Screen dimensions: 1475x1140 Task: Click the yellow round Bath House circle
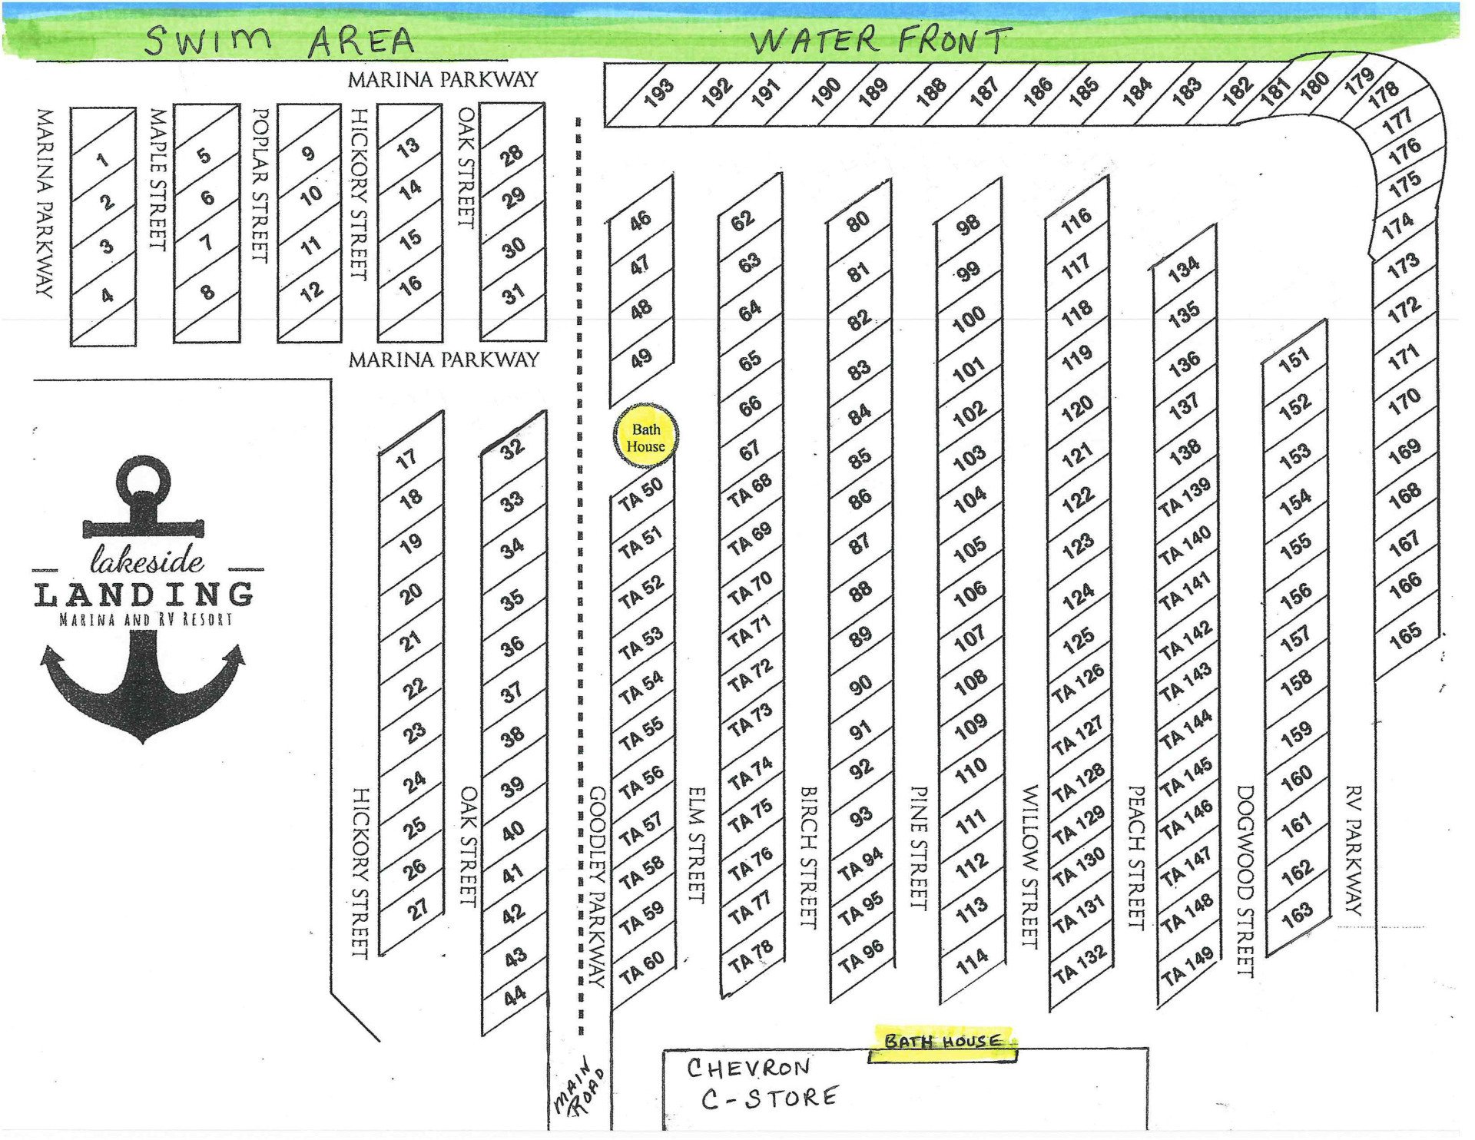pyautogui.click(x=645, y=437)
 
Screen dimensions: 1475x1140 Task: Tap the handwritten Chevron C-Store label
pyautogui.click(x=761, y=1083)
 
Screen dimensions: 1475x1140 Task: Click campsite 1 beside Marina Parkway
pyautogui.click(x=103, y=160)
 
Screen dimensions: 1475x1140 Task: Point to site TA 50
pyautogui.click(x=641, y=495)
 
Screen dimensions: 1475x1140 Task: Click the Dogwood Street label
pyautogui.click(x=1245, y=880)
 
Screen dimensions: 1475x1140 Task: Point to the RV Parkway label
pyautogui.click(x=1354, y=849)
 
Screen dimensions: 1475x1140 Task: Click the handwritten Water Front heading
pyautogui.click(x=879, y=40)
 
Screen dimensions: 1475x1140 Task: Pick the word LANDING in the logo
pyautogui.click(x=144, y=595)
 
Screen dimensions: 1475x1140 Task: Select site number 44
pyautogui.click(x=514, y=996)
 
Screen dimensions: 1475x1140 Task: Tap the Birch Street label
pyautogui.click(x=808, y=857)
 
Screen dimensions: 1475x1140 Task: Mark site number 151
pyautogui.click(x=1294, y=359)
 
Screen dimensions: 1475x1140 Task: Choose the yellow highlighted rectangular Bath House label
pyautogui.click(x=943, y=1042)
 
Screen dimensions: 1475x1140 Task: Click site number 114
pyautogui.click(x=972, y=960)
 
